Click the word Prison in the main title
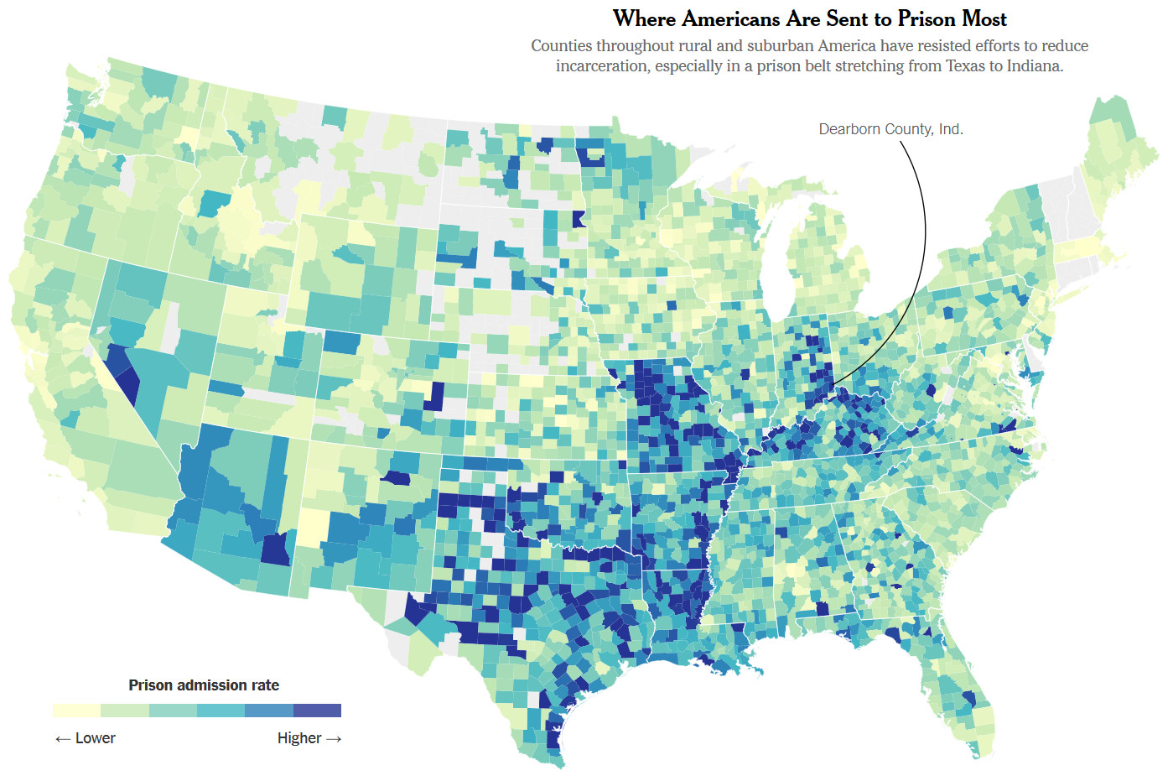click(927, 18)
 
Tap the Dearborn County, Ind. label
click(890, 129)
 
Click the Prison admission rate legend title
click(204, 685)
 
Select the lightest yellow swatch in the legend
click(76, 711)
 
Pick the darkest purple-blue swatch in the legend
click(317, 711)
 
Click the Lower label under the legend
click(95, 738)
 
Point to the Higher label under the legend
click(299, 738)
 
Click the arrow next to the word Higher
click(334, 738)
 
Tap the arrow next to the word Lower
click(63, 738)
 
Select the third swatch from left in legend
click(173, 711)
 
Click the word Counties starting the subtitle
click(561, 46)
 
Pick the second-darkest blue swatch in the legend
click(269, 711)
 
